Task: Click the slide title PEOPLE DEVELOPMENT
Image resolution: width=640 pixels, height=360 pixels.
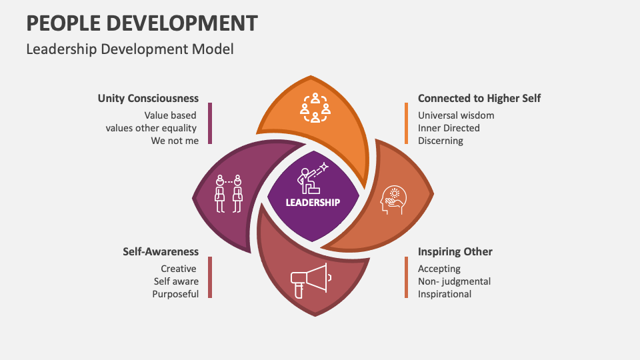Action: [141, 23]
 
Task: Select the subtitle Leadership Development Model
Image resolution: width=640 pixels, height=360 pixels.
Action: [129, 49]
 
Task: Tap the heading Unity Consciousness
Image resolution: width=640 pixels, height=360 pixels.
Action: [148, 99]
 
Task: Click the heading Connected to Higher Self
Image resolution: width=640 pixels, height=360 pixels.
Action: [479, 99]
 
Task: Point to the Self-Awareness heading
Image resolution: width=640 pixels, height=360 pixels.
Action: [161, 252]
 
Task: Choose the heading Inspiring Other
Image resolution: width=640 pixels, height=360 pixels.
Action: [455, 252]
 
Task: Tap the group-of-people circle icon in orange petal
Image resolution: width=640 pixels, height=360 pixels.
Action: [315, 108]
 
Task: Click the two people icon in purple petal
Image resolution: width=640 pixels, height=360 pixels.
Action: [228, 194]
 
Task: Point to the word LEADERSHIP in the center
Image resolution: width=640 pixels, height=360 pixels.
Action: [313, 202]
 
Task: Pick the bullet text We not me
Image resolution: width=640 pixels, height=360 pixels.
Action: [175, 141]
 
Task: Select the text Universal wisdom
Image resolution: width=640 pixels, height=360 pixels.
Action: [456, 115]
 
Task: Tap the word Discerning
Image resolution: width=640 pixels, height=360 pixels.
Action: [440, 141]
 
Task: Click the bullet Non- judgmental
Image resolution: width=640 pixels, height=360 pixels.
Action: [454, 281]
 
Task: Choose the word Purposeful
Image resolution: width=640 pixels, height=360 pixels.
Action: [175, 294]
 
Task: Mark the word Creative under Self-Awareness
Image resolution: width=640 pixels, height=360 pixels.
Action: [179, 269]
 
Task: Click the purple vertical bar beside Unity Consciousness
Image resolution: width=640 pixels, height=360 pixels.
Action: [210, 123]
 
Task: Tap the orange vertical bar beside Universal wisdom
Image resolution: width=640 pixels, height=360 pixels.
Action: [406, 123]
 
